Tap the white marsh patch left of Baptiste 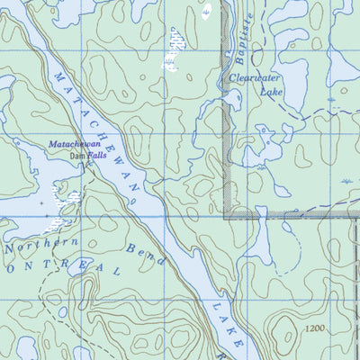pos(172,49)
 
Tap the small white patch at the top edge pos(207,11)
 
